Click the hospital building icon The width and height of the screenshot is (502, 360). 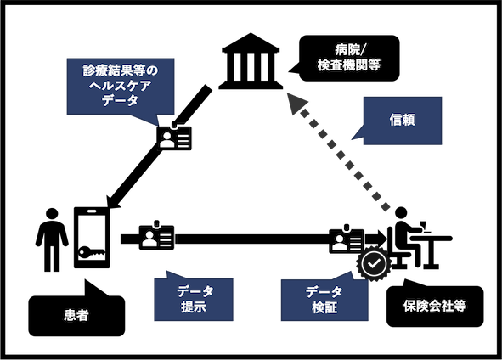(251, 61)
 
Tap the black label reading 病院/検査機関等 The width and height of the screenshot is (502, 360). (349, 58)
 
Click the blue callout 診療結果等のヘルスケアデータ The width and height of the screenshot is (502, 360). (121, 87)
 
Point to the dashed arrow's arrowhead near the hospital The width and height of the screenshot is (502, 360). (296, 103)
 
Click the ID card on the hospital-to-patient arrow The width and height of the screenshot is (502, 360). (174, 138)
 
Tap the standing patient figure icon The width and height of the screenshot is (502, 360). (52, 239)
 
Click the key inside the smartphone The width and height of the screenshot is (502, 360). (92, 252)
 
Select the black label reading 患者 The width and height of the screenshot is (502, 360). (76, 315)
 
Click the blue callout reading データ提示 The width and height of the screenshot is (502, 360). (194, 299)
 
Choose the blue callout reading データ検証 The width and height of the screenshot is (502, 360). (324, 300)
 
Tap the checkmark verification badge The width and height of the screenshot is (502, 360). (374, 264)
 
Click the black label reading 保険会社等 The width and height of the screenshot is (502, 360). (435, 307)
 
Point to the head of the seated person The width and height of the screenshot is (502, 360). (401, 212)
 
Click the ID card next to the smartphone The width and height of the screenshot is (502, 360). (156, 237)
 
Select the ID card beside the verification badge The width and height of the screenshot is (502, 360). (347, 240)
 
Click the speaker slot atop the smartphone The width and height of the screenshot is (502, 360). (92, 211)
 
